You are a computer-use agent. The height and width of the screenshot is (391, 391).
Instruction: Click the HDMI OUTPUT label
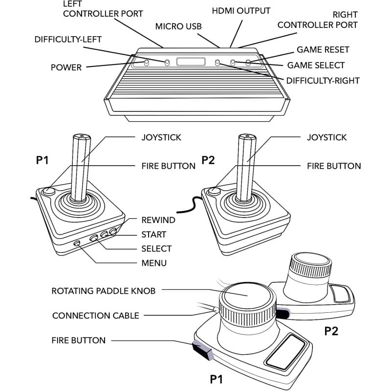241,11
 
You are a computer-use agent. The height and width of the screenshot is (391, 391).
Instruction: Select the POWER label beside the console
66,67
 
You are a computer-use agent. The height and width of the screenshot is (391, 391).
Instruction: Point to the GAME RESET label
323,50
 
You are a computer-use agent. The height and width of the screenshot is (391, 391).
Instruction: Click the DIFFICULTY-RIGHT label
323,80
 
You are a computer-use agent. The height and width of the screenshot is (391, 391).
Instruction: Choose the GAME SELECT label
316,65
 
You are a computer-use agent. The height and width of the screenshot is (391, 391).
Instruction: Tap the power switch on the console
146,63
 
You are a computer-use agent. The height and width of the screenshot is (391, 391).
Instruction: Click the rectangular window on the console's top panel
191,62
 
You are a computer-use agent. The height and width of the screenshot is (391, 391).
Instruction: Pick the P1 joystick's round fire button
48,191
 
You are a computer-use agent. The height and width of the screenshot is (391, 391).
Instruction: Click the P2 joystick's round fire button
214,191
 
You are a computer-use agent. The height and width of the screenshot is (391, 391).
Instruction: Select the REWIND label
158,220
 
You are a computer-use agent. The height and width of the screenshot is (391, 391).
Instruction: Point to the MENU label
154,263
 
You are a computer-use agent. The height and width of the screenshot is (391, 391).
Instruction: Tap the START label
153,234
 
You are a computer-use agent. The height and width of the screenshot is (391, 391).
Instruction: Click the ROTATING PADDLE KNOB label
104,291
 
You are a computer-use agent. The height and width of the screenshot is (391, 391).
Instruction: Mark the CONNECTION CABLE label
95,316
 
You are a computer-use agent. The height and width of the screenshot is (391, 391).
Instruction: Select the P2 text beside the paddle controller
331,331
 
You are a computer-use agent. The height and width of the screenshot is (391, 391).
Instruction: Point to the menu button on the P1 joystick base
77,243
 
